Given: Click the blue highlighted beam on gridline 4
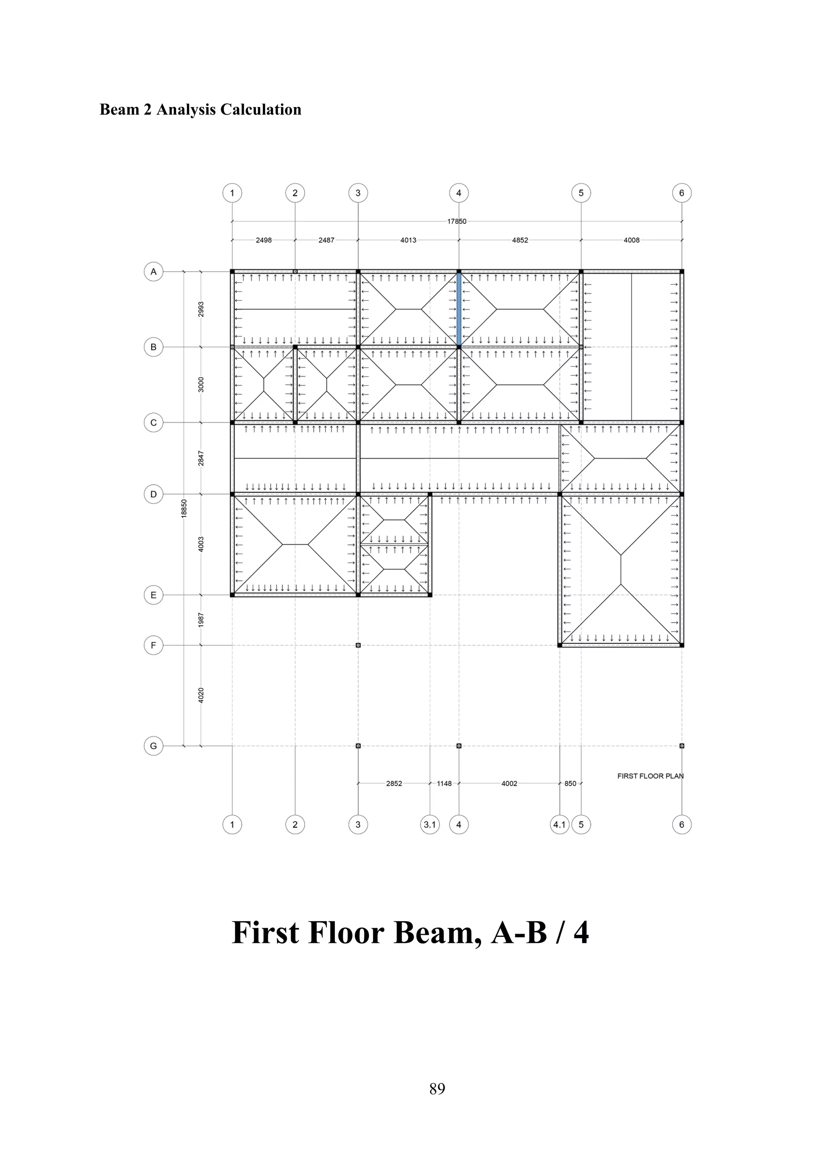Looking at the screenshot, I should point(459,309).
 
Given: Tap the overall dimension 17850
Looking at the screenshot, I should point(457,221).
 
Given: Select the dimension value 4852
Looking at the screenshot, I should point(520,240).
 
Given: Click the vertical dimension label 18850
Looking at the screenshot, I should point(184,508).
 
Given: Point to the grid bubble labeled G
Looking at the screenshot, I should point(154,746).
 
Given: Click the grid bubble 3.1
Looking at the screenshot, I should point(430,825).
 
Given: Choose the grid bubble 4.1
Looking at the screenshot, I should point(559,825).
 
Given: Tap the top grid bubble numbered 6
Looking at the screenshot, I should point(681,193).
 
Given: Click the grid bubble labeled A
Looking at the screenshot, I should point(154,271).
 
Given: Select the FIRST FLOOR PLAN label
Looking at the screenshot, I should point(650,776).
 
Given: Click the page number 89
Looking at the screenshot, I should point(437,1089).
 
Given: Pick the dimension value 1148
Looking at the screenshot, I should point(444,784).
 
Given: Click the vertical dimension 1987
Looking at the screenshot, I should point(201,620).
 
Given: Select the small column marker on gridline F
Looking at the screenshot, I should point(358,645).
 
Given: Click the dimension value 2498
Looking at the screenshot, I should point(263,240).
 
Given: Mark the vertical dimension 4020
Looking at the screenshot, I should point(201,695).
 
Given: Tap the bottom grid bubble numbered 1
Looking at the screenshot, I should point(232,825).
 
